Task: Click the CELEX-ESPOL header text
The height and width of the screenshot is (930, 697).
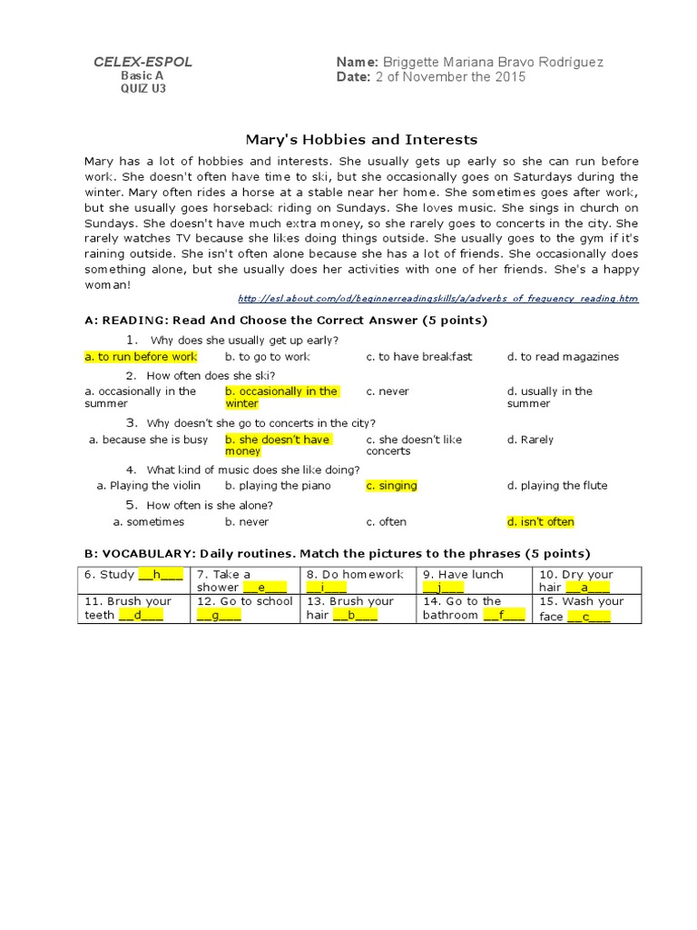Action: coord(142,62)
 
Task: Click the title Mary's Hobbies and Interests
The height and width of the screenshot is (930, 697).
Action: coord(361,140)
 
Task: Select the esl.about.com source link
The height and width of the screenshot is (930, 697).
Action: coord(437,299)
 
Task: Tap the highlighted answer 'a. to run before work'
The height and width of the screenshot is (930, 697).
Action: coord(141,357)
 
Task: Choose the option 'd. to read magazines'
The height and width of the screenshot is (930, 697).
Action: coord(563,357)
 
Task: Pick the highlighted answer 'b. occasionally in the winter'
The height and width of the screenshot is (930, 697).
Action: coord(281,397)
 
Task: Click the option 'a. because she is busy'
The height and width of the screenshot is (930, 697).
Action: coord(148,440)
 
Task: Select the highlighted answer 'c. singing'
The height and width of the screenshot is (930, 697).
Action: coord(391,486)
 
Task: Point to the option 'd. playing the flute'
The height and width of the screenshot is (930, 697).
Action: coord(557,486)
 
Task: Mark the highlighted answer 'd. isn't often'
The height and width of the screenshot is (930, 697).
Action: coord(541,522)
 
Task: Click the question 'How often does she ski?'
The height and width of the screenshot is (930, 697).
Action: coord(211,376)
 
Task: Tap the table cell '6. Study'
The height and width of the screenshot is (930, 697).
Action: coord(134,575)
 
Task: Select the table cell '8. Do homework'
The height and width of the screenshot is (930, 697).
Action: coord(358,580)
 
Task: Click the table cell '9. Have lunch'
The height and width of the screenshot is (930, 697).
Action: coord(475,580)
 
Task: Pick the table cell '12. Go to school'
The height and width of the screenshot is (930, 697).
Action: coord(245,608)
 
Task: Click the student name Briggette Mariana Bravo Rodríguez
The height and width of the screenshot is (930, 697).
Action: coord(493,62)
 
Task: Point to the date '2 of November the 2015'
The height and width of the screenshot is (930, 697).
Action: coord(450,77)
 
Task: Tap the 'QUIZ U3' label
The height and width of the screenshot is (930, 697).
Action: coord(142,89)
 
